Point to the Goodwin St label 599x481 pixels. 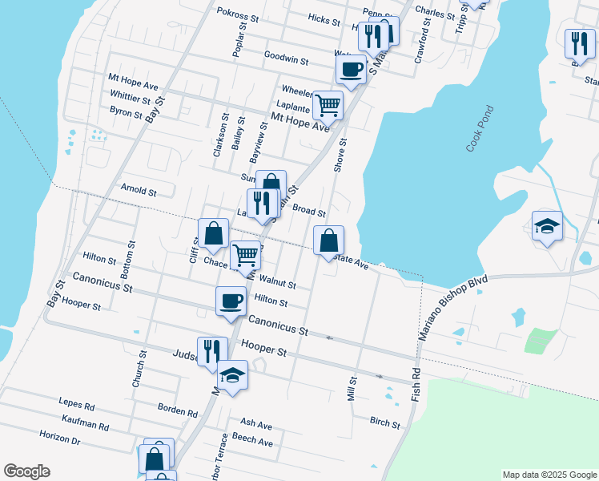pos(286,59)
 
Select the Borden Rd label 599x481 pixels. pos(177,410)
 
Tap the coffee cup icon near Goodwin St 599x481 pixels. pos(351,70)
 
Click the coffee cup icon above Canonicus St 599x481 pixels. pos(231,301)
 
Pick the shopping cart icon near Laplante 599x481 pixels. pos(328,104)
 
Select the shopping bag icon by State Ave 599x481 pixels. pos(328,240)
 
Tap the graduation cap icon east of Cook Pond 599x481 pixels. pos(547,225)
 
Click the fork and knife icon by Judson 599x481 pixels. pos(211,351)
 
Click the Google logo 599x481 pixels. pos(26,472)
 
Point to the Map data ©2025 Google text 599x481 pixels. pos(549,475)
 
